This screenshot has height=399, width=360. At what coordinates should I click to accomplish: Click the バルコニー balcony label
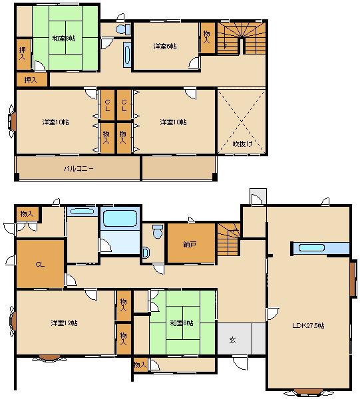(x=78, y=168)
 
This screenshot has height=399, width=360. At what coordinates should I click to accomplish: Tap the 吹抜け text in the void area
(x=242, y=144)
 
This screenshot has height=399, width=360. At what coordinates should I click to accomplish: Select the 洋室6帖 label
(x=164, y=46)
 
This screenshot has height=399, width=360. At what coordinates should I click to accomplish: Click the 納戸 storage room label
(x=190, y=244)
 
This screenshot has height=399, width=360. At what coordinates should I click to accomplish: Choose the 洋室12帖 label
(x=63, y=323)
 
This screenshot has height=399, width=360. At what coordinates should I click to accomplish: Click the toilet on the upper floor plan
(x=122, y=30)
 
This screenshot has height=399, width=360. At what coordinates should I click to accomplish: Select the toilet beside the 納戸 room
(x=157, y=232)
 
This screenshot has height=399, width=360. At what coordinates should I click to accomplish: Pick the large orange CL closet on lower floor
(x=40, y=264)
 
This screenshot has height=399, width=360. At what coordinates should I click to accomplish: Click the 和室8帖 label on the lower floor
(x=182, y=323)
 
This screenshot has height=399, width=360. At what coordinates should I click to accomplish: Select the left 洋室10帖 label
(x=55, y=122)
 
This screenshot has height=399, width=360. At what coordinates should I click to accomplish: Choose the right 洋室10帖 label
(x=173, y=122)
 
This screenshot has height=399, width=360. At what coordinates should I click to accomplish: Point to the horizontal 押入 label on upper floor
(x=31, y=80)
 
